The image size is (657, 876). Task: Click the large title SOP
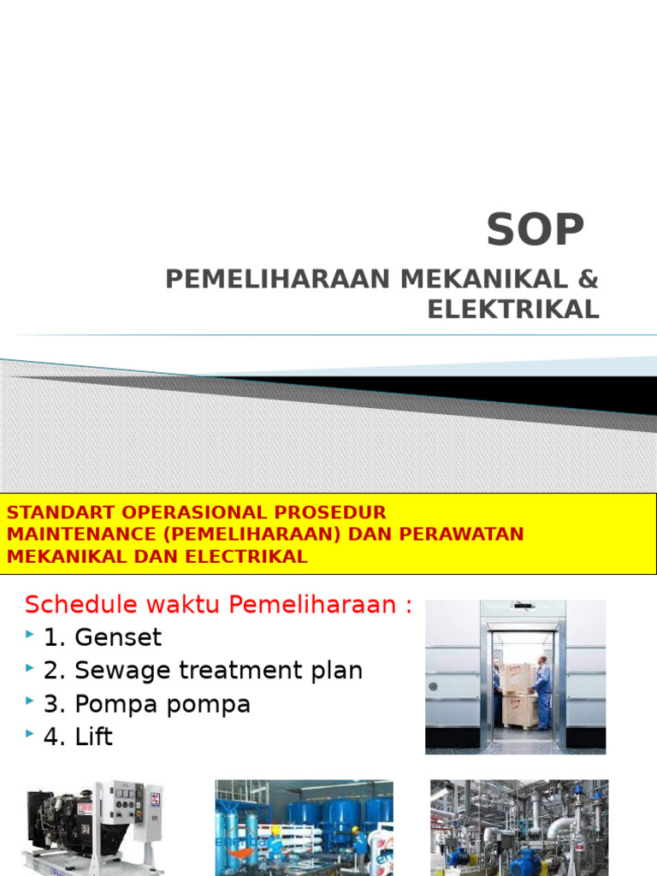tap(536, 229)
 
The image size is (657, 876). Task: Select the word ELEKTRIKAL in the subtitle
tap(513, 309)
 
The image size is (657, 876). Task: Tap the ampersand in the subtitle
tap(589, 279)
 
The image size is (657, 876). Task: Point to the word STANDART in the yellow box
tap(60, 512)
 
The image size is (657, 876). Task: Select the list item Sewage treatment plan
tap(219, 671)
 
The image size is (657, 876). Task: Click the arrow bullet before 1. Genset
tap(30, 636)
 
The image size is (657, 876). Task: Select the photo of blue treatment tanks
tap(304, 826)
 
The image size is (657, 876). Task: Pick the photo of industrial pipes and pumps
tap(519, 826)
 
